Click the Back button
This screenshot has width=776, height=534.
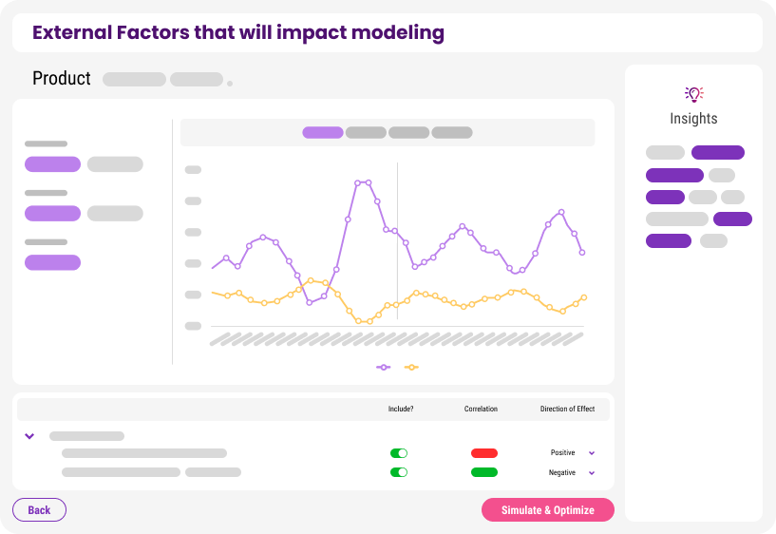coord(39,509)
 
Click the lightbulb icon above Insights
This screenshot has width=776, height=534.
coord(694,93)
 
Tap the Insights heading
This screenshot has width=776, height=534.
coord(693,118)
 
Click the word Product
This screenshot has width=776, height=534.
coord(62,78)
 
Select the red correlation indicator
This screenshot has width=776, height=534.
coord(484,453)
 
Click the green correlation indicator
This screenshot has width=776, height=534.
coord(484,472)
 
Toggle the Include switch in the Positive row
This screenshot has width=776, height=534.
coord(399,453)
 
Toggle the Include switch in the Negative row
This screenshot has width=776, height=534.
coord(399,472)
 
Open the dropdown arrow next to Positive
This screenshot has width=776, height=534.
coord(592,453)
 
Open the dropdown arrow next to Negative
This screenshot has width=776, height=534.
coord(592,472)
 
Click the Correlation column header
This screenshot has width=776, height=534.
coord(481,409)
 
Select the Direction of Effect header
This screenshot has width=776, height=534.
coord(567,409)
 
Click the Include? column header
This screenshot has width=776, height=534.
coord(401,409)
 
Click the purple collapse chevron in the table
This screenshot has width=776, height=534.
coord(29,436)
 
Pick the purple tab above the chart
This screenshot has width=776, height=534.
coord(323,133)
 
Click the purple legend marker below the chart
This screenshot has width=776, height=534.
coord(383,367)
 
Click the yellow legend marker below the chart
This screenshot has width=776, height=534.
coord(411,367)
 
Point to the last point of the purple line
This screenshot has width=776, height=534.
coord(582,253)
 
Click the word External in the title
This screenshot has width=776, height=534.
coord(72,32)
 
